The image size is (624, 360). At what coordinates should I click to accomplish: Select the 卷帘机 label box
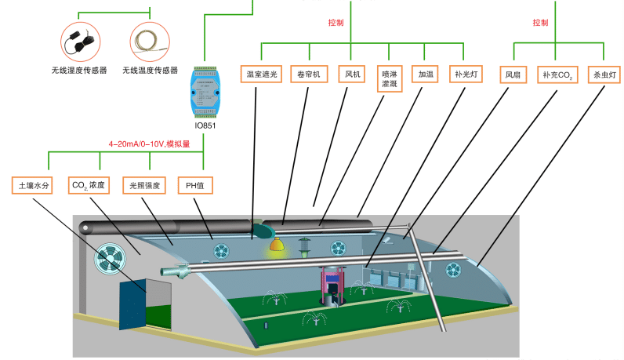307,75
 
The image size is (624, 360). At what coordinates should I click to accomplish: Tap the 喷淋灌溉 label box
389,79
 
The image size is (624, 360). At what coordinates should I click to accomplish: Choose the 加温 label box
426,75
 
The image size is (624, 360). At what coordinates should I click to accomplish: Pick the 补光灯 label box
466,75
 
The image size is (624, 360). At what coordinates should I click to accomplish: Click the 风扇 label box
513,75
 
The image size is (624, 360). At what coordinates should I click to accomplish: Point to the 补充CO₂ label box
558,75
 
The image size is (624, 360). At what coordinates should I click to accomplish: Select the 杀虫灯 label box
605,75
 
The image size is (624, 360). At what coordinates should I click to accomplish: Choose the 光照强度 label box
143,185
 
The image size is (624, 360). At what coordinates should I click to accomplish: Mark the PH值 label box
195,185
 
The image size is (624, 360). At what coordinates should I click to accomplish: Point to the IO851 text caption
204,125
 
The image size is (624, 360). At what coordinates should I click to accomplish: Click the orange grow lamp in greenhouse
276,245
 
